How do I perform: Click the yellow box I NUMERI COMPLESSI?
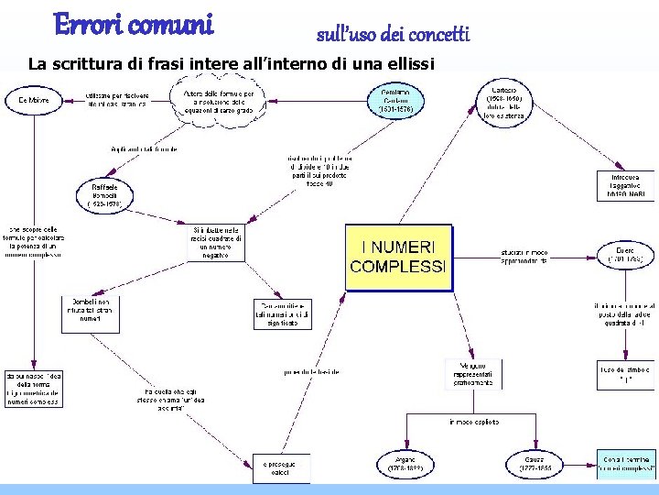399,258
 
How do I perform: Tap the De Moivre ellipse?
32,100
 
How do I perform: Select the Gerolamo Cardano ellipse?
395,100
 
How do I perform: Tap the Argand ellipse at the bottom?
404,464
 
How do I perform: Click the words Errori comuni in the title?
133,24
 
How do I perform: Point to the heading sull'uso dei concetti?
393,35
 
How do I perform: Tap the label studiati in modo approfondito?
524,256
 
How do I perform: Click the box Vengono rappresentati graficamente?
473,373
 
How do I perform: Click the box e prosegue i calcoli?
281,467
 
